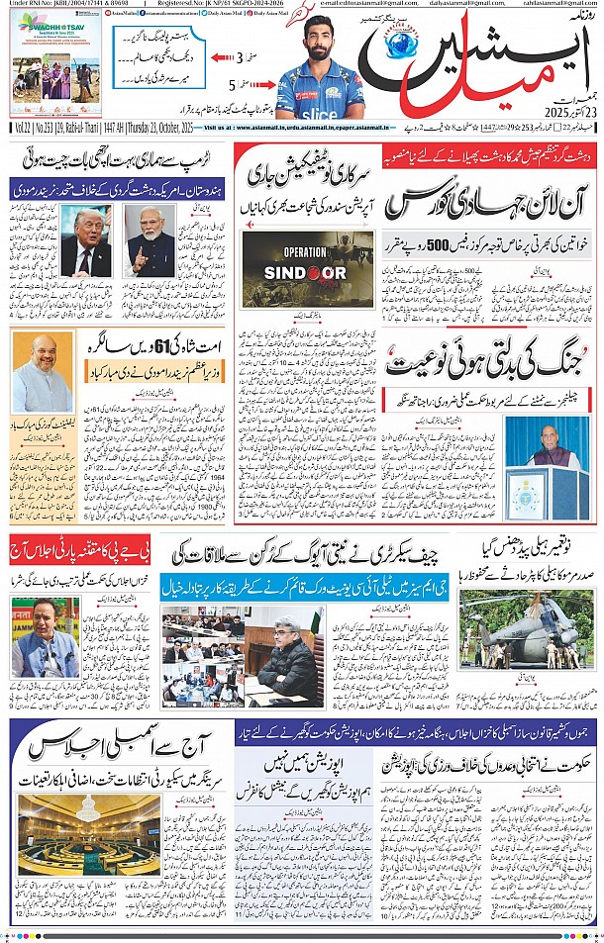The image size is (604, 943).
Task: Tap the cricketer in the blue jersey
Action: coord(317,63)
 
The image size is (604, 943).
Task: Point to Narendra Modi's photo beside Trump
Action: coord(150,243)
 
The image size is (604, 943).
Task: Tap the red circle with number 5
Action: coord(233,84)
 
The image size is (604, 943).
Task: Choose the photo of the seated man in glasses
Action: coord(285,653)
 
